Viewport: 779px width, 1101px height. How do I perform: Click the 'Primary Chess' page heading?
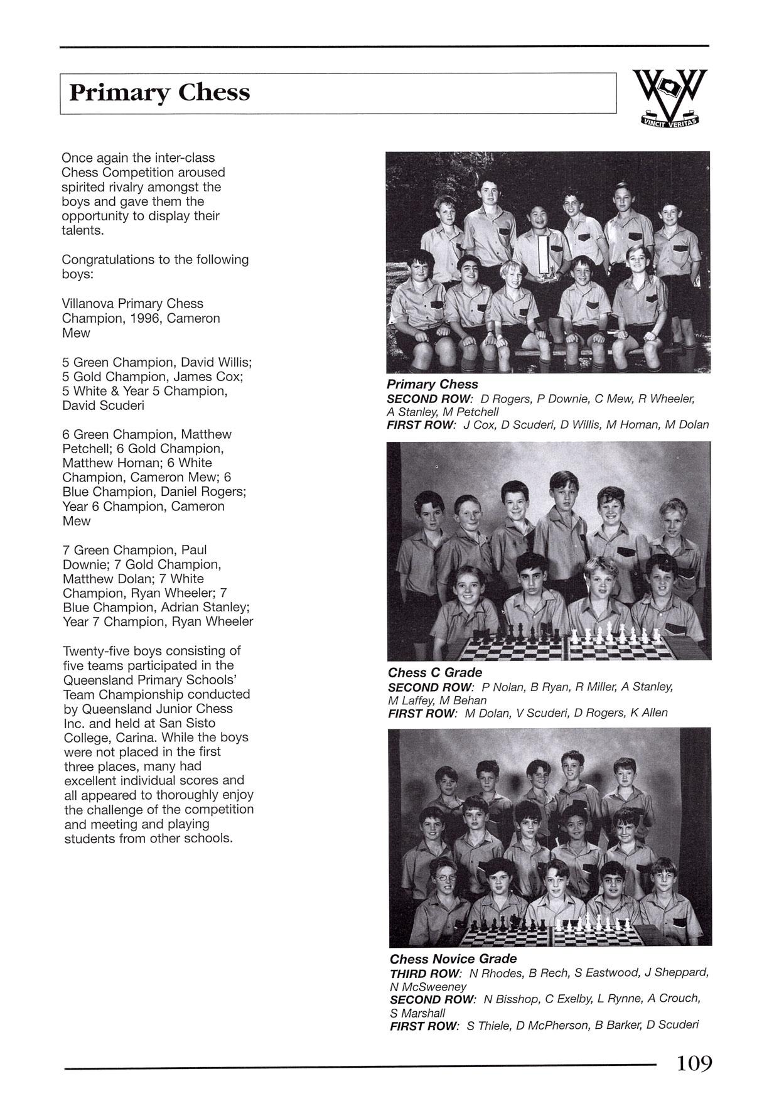pos(159,93)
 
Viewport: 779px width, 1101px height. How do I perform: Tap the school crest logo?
pos(670,97)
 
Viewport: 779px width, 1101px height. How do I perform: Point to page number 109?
pos(694,1063)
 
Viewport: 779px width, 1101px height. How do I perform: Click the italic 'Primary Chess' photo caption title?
pos(432,384)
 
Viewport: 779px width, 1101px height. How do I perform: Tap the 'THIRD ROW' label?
pos(425,973)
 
